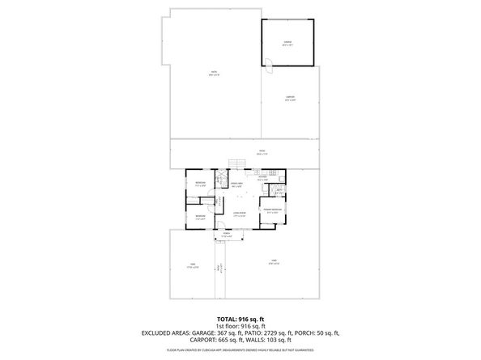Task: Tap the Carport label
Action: click(289, 99)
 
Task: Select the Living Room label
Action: click(239, 215)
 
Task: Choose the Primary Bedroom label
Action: click(271, 210)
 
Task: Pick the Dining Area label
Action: click(238, 184)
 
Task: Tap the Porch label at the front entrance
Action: click(228, 236)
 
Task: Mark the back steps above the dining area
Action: click(236, 164)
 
